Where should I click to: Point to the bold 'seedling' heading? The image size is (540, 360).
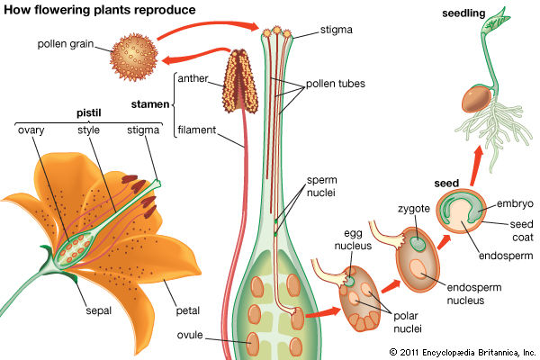[x=463, y=14]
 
